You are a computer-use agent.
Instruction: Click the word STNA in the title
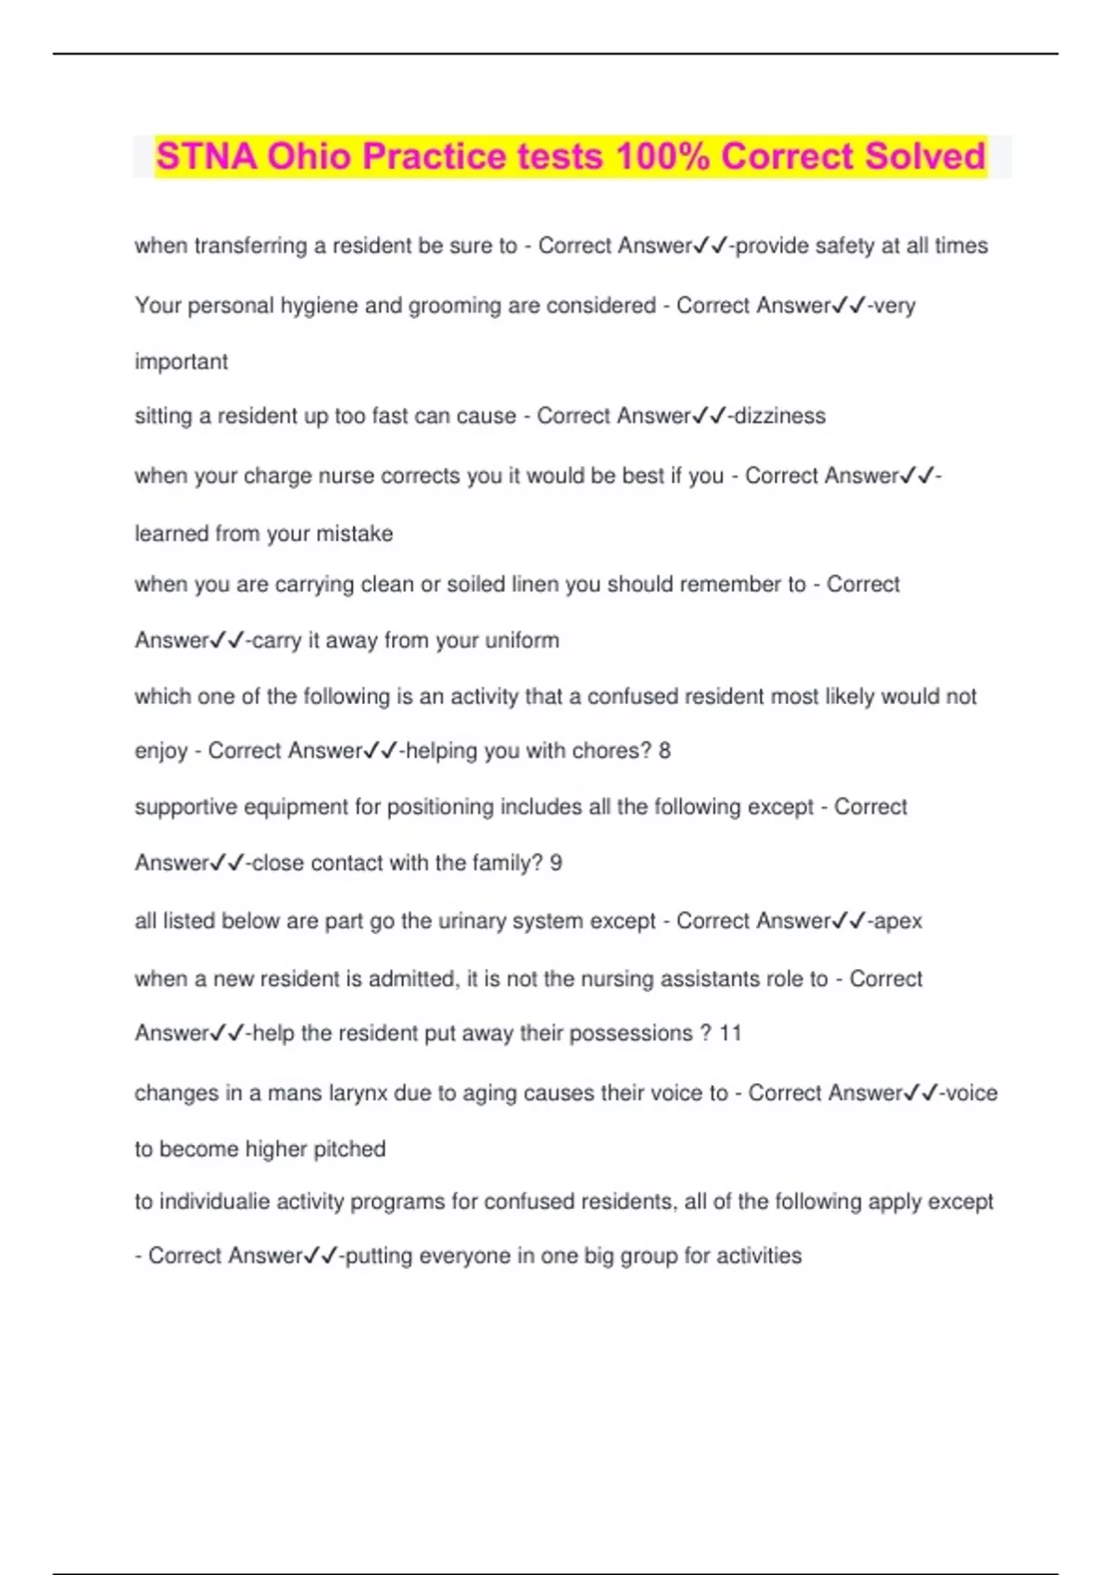207,156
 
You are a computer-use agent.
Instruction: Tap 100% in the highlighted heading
662,156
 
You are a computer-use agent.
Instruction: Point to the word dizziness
779,416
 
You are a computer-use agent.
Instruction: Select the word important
181,361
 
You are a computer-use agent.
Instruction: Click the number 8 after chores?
664,750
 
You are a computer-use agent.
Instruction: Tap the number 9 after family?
556,863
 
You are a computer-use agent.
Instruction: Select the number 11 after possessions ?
730,1033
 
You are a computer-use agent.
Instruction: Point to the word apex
898,921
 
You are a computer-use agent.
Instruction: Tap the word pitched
348,1149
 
